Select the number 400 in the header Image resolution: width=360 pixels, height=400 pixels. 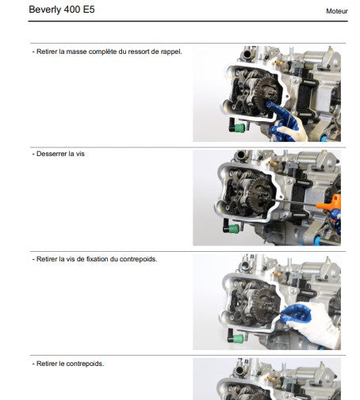coord(78,10)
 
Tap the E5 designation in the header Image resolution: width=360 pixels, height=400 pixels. coord(99,10)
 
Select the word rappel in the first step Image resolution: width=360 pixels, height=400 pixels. coord(169,51)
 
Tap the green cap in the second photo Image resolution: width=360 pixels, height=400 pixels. coord(233,229)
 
